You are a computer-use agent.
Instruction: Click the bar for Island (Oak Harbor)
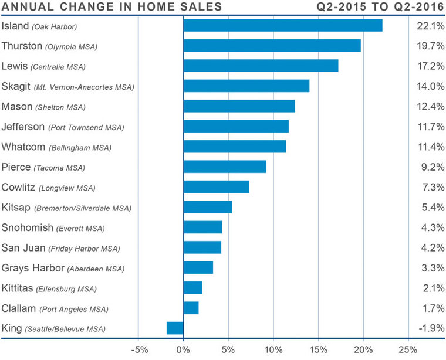(283, 26)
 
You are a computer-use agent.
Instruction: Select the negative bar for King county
(175, 328)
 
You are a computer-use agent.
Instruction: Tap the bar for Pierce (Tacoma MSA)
(225, 167)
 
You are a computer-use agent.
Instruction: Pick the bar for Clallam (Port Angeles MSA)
(191, 308)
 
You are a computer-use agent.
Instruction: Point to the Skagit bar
(246, 86)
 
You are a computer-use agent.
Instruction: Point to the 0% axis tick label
(184, 350)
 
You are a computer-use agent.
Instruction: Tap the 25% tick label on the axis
(408, 350)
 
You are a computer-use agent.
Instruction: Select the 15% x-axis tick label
(318, 350)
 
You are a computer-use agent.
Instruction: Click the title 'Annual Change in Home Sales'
(112, 8)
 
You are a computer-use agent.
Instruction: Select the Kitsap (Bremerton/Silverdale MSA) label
(67, 208)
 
